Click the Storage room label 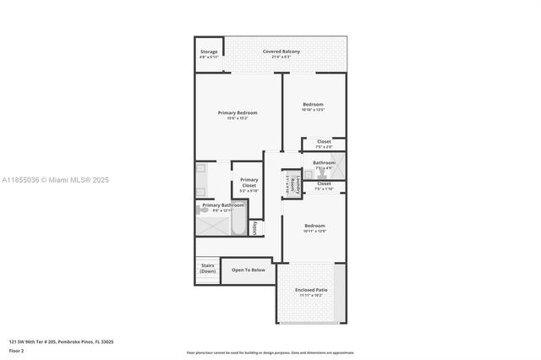tap(209, 52)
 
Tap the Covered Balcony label tap(281, 52)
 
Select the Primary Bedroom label tap(238, 112)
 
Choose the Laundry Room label tap(290, 184)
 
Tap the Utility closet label tap(254, 228)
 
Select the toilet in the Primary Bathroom tap(205, 210)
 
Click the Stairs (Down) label tap(208, 268)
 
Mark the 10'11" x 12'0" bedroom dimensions tap(314, 231)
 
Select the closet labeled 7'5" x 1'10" tap(324, 188)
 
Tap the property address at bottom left tap(61, 341)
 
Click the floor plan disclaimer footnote tap(270, 352)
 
